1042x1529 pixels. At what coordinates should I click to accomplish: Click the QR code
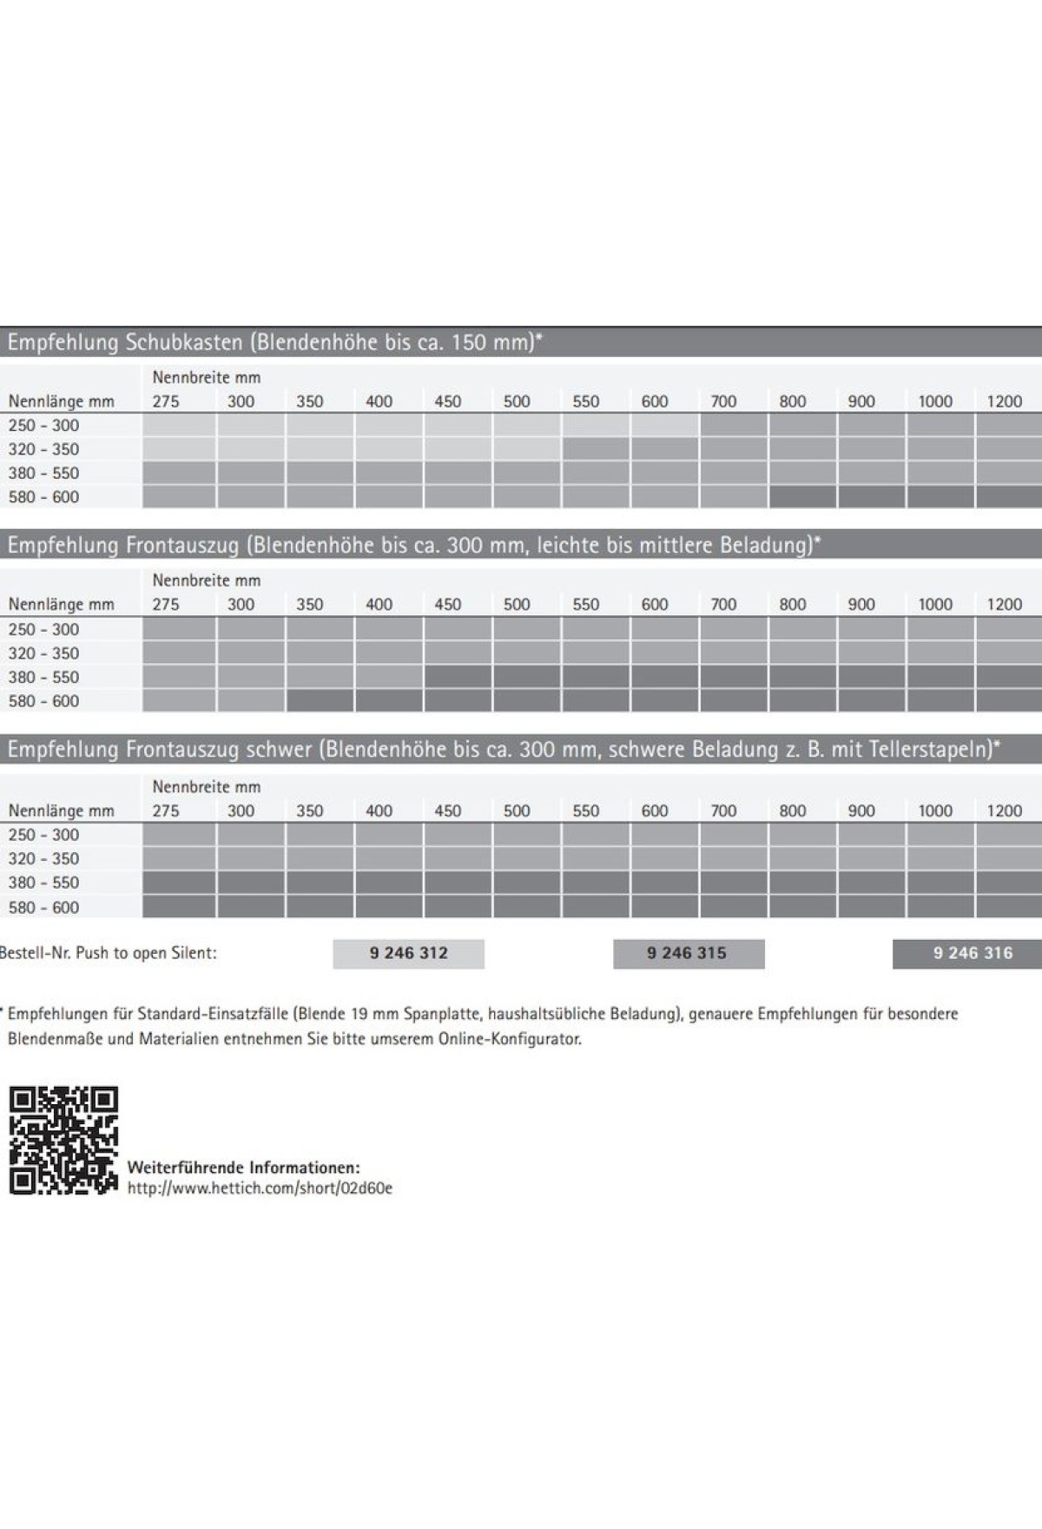pyautogui.click(x=63, y=1140)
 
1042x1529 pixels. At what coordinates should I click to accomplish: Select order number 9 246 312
pyautogui.click(x=408, y=953)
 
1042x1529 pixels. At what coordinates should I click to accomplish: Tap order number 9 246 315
pyautogui.click(x=687, y=953)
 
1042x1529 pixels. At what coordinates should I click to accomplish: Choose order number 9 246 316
pyautogui.click(x=973, y=953)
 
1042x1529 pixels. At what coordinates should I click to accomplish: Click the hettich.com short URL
pyautogui.click(x=260, y=1188)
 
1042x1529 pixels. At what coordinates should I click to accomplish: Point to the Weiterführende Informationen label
pyautogui.click(x=243, y=1168)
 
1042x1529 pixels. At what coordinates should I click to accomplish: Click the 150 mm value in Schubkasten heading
pyautogui.click(x=492, y=342)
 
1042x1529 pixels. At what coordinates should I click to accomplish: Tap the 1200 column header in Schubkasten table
pyautogui.click(x=1004, y=401)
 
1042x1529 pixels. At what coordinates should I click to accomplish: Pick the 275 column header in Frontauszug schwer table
pyautogui.click(x=166, y=811)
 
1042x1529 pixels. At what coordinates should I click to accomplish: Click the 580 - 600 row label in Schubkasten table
pyautogui.click(x=43, y=497)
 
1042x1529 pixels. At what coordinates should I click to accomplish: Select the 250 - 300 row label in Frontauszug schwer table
pyautogui.click(x=43, y=835)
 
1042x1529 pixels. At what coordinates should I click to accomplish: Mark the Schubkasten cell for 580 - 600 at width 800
pyautogui.click(x=802, y=497)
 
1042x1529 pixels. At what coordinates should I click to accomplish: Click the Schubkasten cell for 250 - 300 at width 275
pyautogui.click(x=179, y=426)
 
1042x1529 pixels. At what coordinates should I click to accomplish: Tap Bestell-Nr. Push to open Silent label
pyautogui.click(x=109, y=953)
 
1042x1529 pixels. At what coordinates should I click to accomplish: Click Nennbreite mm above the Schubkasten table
pyautogui.click(x=207, y=378)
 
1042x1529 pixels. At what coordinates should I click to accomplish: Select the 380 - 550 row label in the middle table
pyautogui.click(x=43, y=678)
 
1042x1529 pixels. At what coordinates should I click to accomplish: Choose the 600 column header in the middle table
pyautogui.click(x=655, y=605)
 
